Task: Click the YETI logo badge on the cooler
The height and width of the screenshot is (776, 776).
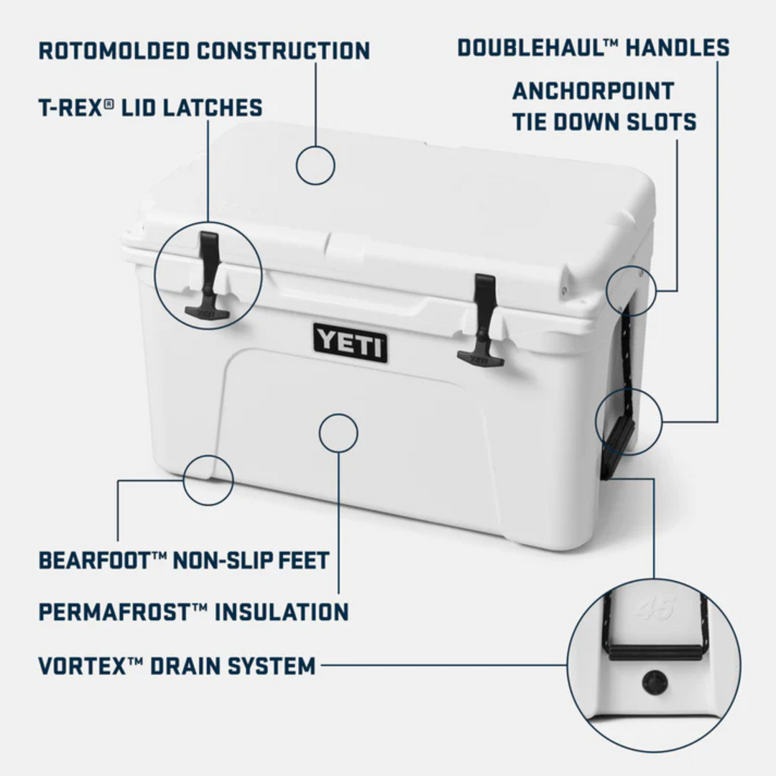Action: tap(350, 343)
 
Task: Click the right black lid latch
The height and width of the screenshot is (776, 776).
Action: tap(482, 320)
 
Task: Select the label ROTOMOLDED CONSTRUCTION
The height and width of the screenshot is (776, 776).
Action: tap(204, 51)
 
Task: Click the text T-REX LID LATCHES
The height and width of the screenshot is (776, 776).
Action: tap(150, 108)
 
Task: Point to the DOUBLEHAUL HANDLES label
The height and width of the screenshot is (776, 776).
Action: tap(593, 48)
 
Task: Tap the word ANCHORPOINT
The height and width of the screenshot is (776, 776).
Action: tap(593, 91)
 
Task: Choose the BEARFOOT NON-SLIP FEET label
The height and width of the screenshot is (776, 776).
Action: tap(184, 560)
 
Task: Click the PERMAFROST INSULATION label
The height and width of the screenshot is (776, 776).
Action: tap(193, 612)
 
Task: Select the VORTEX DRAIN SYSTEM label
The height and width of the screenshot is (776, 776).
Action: tap(177, 665)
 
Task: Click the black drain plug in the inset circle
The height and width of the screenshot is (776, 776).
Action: tap(654, 682)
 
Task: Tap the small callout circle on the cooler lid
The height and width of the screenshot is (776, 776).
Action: tap(315, 165)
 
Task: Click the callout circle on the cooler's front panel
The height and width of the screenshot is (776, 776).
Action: tap(338, 433)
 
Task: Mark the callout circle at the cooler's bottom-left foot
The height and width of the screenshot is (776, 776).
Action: tap(208, 479)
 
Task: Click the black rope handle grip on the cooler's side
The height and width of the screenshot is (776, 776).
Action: tap(619, 443)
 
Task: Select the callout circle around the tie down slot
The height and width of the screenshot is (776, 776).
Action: tap(631, 291)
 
